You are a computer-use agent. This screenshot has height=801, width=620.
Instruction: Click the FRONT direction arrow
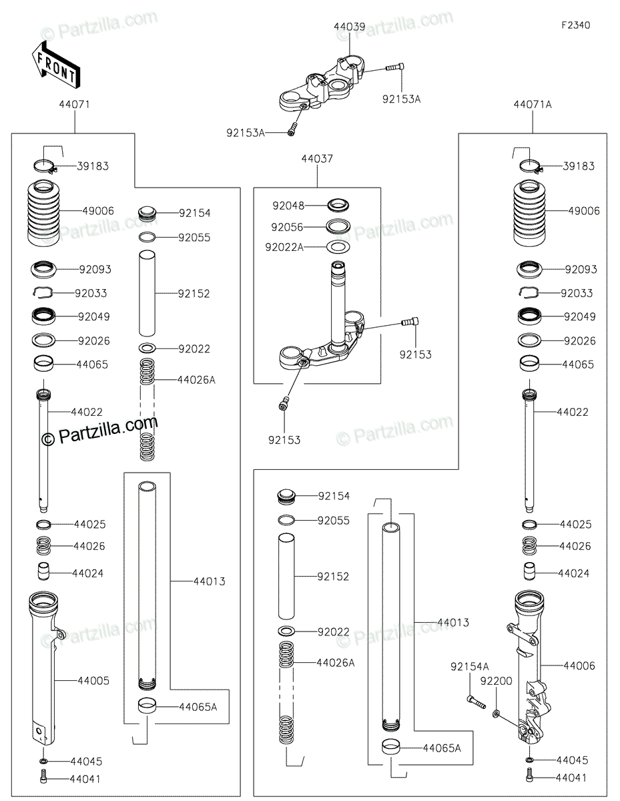(x=55, y=63)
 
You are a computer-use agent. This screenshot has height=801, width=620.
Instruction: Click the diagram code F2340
(x=575, y=25)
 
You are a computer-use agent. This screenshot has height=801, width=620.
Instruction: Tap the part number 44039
(x=349, y=27)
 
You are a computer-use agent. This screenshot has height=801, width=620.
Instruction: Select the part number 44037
(x=317, y=159)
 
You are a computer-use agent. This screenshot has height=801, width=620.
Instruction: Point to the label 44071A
(x=533, y=105)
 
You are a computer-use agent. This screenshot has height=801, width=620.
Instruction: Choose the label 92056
(x=288, y=226)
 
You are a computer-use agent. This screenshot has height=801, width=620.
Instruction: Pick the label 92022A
(x=284, y=247)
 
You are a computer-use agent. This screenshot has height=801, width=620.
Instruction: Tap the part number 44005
(x=93, y=681)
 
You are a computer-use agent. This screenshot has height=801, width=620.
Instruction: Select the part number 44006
(x=579, y=665)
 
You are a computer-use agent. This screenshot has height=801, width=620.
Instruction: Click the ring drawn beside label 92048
(x=339, y=204)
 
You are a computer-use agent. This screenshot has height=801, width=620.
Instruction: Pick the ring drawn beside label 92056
(x=339, y=226)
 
